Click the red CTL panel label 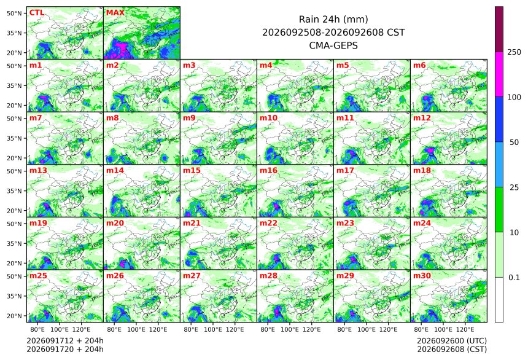click(37, 12)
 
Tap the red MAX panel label click(115, 12)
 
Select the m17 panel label click(345, 170)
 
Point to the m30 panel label click(422, 275)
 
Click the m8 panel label click(112, 117)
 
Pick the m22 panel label click(268, 223)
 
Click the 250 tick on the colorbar click(514, 52)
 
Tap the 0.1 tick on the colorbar click(514, 278)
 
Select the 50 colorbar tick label click(514, 143)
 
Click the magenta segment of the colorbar click(499, 74)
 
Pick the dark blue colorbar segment click(499, 119)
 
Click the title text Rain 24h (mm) click(333, 19)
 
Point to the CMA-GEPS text click(333, 45)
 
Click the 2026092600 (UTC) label click(452, 341)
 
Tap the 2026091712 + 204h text click(65, 341)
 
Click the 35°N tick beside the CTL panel click(14, 33)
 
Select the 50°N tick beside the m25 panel click(14, 276)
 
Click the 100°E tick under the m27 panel click(213, 329)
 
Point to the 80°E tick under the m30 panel click(421, 329)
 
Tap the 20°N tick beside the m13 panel click(14, 210)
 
